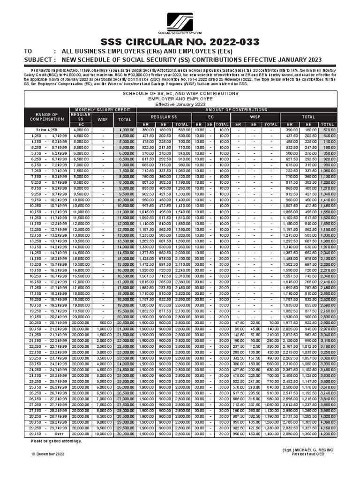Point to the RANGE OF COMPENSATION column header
click(x=47, y=117)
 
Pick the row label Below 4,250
click(x=47, y=129)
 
